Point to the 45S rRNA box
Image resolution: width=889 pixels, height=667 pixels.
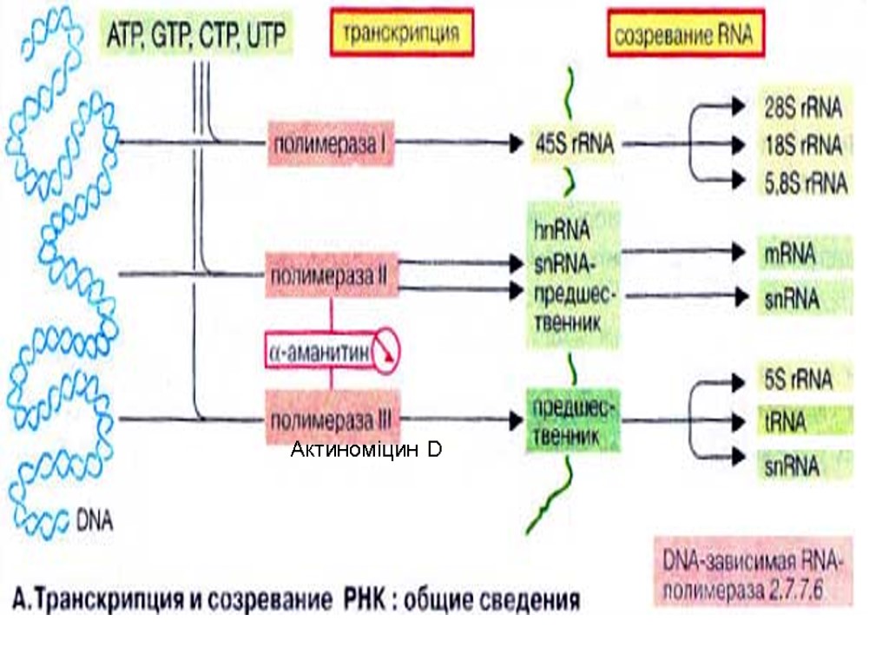[573, 145]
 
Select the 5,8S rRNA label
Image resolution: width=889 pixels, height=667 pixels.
[802, 183]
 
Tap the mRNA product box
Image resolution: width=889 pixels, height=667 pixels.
[790, 254]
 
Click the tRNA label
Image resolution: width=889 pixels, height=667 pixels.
[786, 423]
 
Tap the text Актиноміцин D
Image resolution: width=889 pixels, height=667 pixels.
[365, 450]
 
